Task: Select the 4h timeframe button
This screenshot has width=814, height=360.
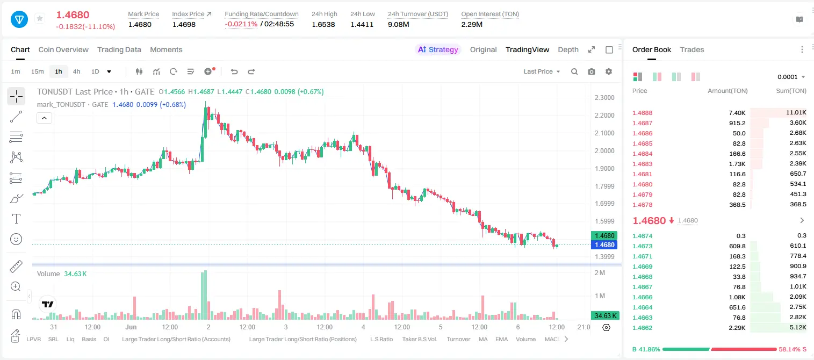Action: [x=76, y=71]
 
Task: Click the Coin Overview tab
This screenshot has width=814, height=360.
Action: [x=63, y=49]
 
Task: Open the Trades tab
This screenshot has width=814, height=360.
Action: [x=692, y=49]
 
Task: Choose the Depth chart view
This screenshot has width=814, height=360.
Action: [x=568, y=49]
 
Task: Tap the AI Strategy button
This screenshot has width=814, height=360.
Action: [x=438, y=49]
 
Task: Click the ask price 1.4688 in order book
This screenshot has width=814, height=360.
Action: [x=642, y=113]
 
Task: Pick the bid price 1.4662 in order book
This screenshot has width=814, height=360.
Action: [x=642, y=328]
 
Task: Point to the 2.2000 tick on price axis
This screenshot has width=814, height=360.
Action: [x=604, y=115]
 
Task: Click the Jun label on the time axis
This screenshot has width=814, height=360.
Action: [x=131, y=327]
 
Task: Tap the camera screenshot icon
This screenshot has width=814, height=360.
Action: [x=592, y=71]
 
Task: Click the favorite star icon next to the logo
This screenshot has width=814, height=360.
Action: [x=40, y=18]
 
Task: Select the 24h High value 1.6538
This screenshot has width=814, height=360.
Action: [x=323, y=24]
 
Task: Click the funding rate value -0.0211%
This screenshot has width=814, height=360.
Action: [x=241, y=24]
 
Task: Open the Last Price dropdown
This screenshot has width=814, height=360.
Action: [x=542, y=71]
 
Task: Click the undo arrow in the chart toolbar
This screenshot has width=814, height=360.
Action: [x=234, y=71]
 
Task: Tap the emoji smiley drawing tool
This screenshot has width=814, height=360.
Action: [x=16, y=239]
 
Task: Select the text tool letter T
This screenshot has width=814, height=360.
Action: [x=16, y=219]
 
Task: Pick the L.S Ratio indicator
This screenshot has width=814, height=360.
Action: [x=381, y=339]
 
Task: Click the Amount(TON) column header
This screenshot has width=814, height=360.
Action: [x=727, y=91]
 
